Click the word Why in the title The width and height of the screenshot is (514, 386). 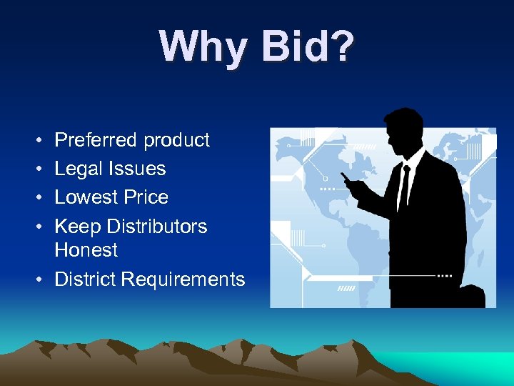pos(203,48)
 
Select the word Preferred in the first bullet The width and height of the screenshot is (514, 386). pos(96,139)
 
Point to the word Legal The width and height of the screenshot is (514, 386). pos(79,169)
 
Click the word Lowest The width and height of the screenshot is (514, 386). pos(87,197)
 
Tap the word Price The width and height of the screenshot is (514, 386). pos(147,197)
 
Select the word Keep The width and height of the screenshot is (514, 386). pos(77,227)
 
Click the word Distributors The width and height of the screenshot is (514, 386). pos(157,227)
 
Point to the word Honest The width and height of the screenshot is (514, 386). pos(86,249)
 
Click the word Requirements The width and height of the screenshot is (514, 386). pos(183,279)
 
